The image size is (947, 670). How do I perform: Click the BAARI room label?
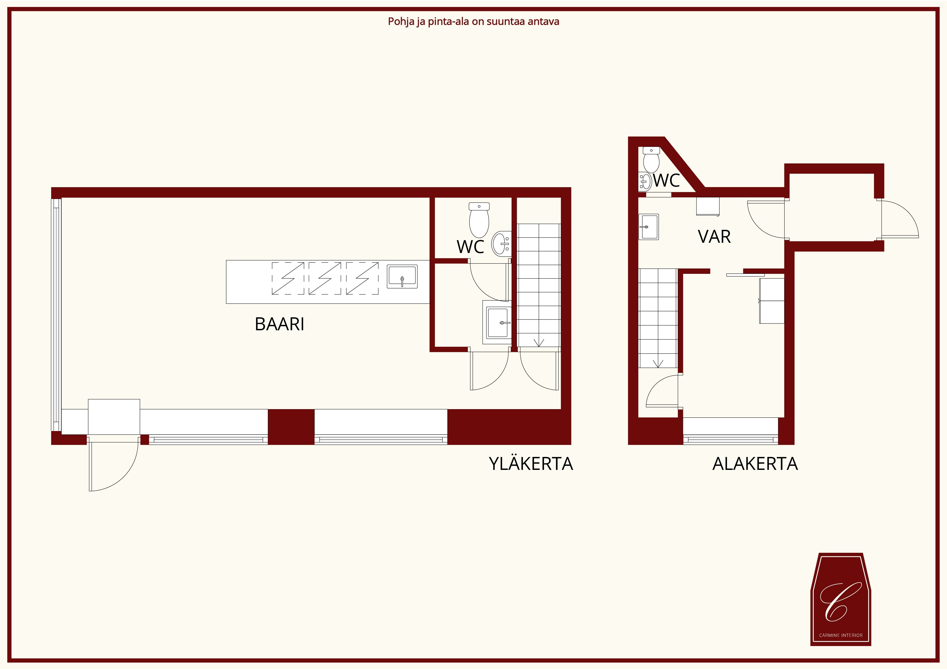click(x=280, y=324)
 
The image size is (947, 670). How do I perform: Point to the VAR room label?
click(x=714, y=237)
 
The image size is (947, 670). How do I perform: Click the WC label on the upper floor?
click(x=470, y=247)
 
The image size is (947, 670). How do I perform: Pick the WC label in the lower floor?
click(x=667, y=180)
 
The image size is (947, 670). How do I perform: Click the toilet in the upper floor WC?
click(x=479, y=220)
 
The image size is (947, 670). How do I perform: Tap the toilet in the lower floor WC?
click(x=651, y=160)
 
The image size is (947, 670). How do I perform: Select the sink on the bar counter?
click(x=402, y=277)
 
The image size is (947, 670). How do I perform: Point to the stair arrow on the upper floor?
click(x=539, y=342)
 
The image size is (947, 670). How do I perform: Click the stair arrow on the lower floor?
click(x=658, y=363)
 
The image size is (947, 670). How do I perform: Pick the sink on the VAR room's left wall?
click(x=648, y=227)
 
